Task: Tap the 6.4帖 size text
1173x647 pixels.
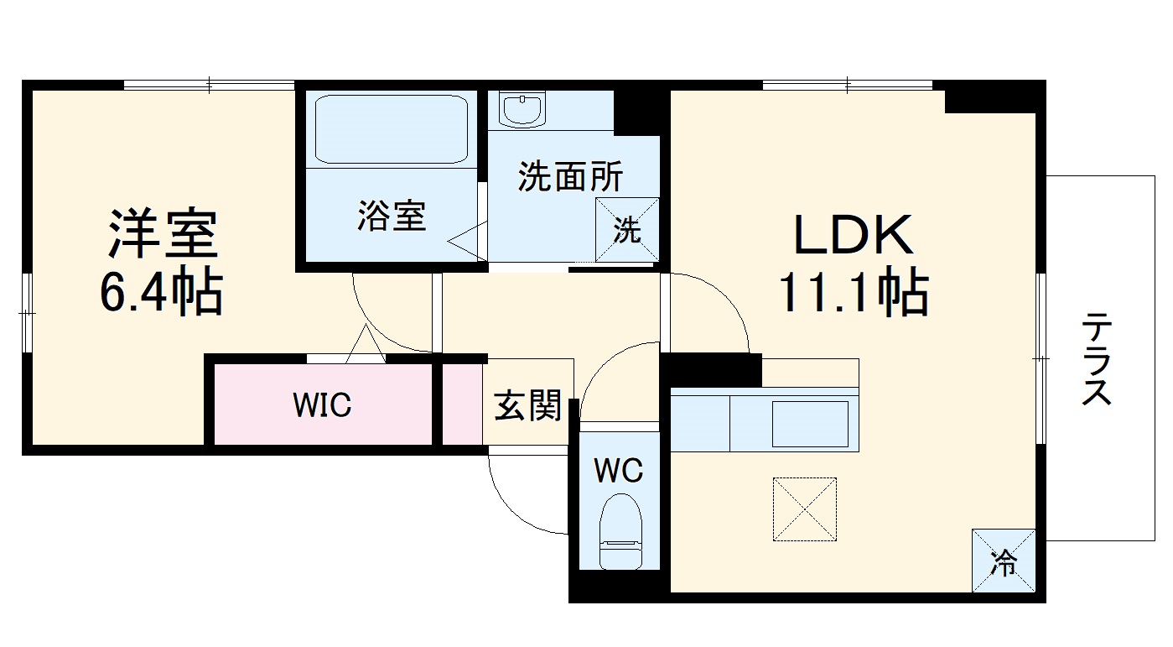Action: click(x=161, y=293)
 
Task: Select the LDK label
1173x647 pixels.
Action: click(x=854, y=236)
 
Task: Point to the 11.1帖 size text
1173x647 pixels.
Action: click(x=854, y=293)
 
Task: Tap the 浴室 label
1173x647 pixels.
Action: click(x=392, y=216)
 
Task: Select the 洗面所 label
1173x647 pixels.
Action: click(x=570, y=176)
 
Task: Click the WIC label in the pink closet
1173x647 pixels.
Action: click(x=322, y=405)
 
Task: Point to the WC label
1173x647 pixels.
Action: click(x=619, y=471)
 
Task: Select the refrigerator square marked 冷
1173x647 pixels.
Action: click(x=1003, y=561)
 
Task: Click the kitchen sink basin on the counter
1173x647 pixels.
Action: click(x=809, y=424)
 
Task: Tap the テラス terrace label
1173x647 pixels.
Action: click(x=1097, y=358)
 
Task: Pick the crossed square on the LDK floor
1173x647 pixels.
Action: click(x=805, y=509)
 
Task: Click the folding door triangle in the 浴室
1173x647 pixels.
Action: click(x=465, y=242)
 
